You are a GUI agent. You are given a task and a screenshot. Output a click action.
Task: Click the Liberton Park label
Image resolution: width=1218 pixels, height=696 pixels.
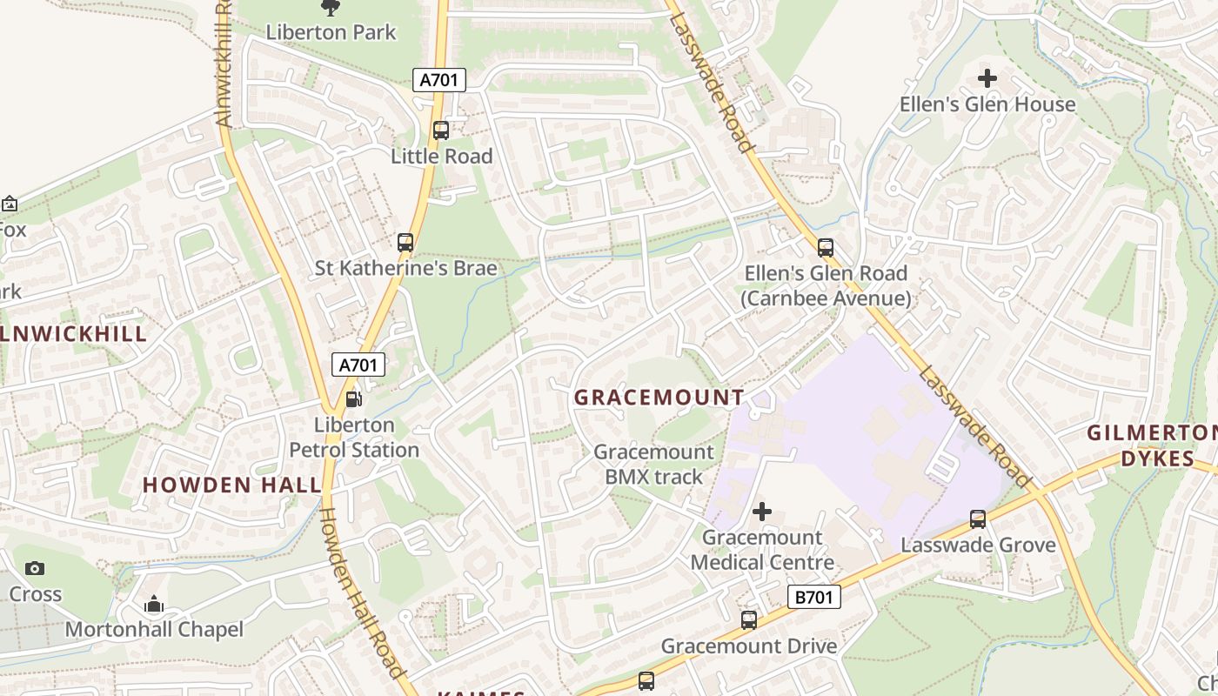[x=331, y=32]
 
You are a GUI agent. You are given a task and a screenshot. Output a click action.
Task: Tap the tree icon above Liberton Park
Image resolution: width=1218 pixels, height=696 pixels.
[x=331, y=8]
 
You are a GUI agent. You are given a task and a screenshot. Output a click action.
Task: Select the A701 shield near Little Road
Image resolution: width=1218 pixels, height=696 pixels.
[x=439, y=81]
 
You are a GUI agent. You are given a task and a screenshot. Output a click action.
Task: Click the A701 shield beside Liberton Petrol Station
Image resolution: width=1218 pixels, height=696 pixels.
[x=358, y=365]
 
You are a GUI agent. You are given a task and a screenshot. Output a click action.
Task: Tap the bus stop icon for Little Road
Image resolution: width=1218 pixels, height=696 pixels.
[x=441, y=130]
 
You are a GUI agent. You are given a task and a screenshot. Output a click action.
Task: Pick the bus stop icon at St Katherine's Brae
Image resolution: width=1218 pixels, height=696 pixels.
[x=405, y=243]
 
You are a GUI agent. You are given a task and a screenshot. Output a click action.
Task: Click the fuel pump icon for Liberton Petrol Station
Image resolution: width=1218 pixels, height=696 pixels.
[x=354, y=399]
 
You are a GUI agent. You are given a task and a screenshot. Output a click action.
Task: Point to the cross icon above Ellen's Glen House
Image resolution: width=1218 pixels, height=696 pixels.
[x=987, y=78]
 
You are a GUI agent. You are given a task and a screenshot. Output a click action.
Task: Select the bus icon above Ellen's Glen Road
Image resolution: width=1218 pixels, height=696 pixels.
[x=826, y=248]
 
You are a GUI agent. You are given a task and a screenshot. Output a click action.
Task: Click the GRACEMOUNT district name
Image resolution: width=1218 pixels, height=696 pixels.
[x=659, y=398]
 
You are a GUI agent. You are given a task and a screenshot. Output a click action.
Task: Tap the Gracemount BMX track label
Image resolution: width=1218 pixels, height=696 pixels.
[x=653, y=464]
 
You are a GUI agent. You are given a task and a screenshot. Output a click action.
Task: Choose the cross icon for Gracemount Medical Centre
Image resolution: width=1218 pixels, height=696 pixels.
[x=762, y=512]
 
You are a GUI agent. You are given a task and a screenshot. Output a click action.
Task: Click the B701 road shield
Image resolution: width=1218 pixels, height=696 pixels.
[x=814, y=597]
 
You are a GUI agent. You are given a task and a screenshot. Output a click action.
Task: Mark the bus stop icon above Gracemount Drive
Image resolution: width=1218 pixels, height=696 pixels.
[x=749, y=620]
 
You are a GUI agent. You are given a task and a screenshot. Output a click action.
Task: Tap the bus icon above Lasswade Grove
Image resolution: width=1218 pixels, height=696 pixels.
[x=978, y=519]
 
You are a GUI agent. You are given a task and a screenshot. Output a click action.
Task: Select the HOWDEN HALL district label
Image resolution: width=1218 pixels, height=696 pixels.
[x=232, y=485]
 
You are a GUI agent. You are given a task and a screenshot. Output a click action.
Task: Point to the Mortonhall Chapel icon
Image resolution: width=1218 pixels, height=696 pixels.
[x=154, y=604]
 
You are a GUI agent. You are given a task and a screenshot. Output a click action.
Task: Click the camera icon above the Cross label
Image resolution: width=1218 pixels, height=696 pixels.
[x=35, y=569]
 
